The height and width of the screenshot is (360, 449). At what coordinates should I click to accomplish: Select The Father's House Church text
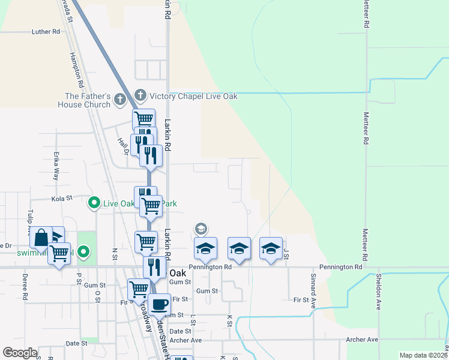(x=88, y=100)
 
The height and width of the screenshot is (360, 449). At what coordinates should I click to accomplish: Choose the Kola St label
(x=62, y=197)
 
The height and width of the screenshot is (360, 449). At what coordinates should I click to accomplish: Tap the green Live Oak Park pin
(x=94, y=203)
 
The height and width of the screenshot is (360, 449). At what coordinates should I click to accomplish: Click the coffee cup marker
(x=160, y=304)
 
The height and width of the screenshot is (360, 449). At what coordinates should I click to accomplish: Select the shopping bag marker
(x=41, y=238)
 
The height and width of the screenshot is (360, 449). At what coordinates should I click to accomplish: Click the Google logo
(x=20, y=353)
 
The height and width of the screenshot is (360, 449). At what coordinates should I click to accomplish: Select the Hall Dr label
(x=123, y=146)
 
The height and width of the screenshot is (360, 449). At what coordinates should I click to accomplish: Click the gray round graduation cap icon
(x=200, y=228)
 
